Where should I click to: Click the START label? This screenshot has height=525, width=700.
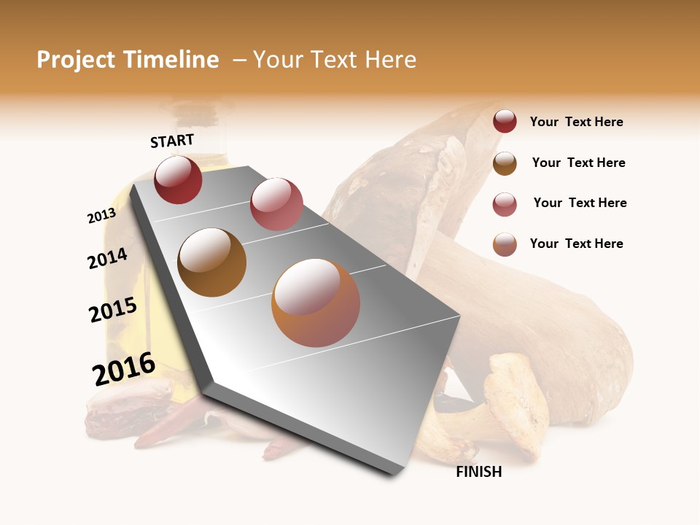tap(172, 141)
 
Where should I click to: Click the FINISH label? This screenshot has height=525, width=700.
tap(478, 472)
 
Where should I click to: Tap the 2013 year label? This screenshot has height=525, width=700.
tap(101, 216)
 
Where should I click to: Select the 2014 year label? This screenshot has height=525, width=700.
tap(108, 259)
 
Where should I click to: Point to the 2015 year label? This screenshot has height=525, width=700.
tap(113, 310)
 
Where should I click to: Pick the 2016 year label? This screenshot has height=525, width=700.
tap(124, 369)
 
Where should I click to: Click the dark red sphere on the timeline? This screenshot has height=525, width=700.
tap(178, 179)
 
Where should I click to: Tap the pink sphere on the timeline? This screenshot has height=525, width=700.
tap(276, 203)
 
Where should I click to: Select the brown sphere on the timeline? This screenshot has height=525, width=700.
tap(211, 262)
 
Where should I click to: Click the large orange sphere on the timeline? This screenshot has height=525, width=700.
tap(316, 303)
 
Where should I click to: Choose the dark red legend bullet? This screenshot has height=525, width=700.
tap(505, 122)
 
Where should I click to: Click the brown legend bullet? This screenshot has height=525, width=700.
tap(505, 163)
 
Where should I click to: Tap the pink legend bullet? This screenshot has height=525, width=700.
tap(505, 204)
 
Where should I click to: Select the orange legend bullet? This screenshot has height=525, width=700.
tap(505, 244)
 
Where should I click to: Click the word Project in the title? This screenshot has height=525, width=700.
tap(76, 60)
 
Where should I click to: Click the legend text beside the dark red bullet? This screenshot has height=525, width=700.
tap(576, 122)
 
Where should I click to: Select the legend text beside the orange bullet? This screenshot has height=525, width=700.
tap(576, 244)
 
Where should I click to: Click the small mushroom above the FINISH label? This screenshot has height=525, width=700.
tap(510, 408)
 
